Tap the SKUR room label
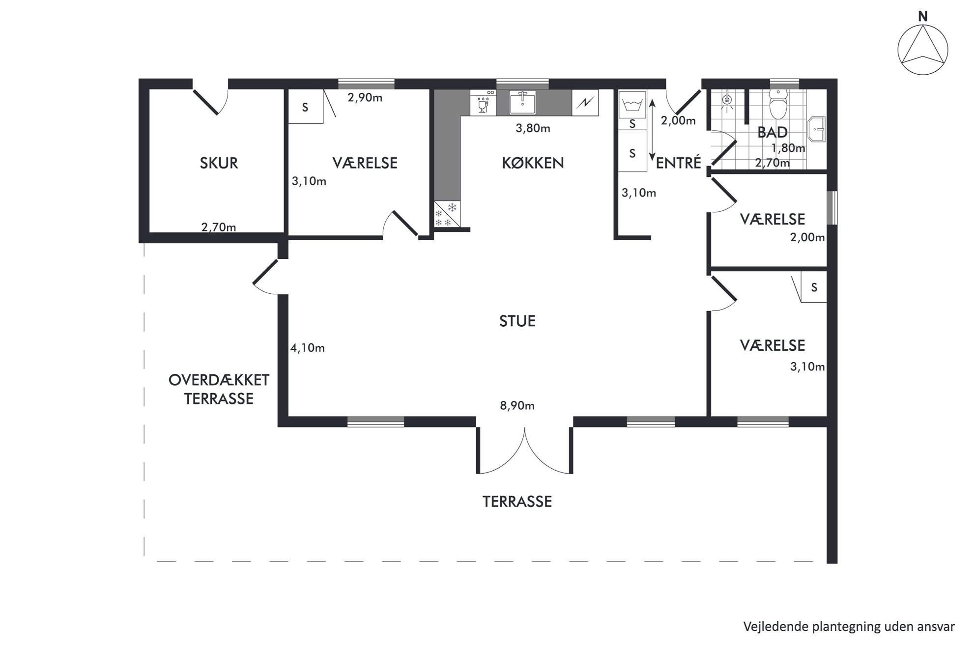[219, 163]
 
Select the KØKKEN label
[533, 163]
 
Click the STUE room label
[517, 321]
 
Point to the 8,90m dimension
[517, 406]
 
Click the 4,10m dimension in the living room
[308, 348]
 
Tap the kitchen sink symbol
[522, 102]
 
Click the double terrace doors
[524, 451]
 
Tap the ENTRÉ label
[678, 163]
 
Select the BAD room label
[773, 132]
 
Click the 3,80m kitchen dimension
[533, 129]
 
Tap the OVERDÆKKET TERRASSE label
[219, 389]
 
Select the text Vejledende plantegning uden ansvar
[849, 626]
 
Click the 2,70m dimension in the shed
[219, 227]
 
